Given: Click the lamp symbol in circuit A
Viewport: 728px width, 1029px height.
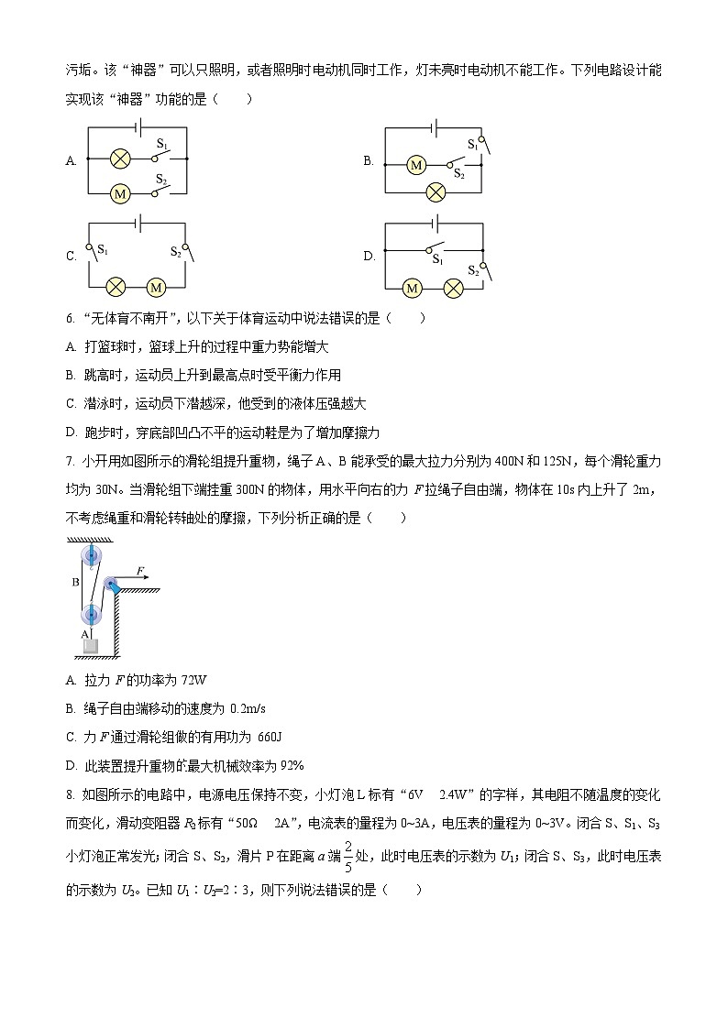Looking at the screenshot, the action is pos(118,159).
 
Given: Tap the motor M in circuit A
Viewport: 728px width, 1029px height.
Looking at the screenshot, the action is pos(118,193).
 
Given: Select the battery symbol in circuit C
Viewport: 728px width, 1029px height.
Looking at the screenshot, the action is pos(138,223).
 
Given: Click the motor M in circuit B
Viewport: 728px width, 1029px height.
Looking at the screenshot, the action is pos(416,165).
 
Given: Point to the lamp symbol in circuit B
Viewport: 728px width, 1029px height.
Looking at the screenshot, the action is pos(437,192).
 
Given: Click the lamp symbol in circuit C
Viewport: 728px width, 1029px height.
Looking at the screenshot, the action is pos(117,287).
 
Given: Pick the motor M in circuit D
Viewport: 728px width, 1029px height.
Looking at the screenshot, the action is pos(413,288).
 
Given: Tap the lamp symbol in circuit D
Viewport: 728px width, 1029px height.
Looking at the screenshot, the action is pos(452,288).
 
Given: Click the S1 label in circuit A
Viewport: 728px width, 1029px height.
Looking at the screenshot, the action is pos(161,144).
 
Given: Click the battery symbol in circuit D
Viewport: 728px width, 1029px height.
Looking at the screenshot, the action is pos(435,223).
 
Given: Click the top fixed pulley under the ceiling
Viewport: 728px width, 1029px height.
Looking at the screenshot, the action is pos(92,554).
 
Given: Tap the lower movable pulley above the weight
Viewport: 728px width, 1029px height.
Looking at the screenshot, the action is pos(91,614).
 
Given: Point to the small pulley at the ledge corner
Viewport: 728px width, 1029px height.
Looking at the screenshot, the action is pos(112,585).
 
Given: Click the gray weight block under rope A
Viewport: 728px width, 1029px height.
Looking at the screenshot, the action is pos(91,647).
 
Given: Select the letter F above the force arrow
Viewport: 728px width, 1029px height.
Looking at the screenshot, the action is pos(140,571).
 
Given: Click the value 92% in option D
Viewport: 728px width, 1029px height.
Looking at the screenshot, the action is pos(290,765).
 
